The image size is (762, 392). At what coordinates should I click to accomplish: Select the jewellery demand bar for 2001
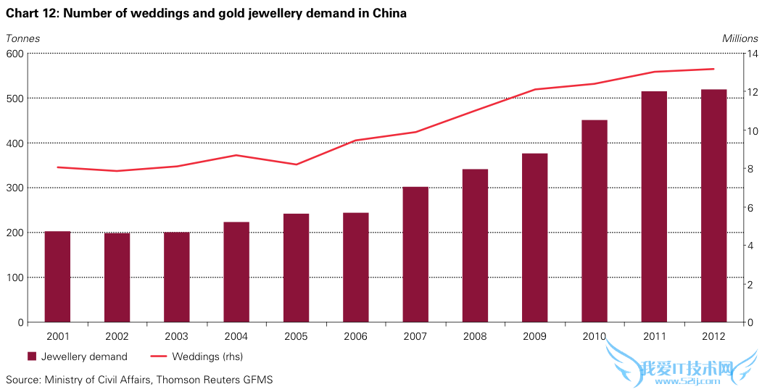coord(57,277)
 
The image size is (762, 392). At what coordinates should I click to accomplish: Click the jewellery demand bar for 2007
coord(415,254)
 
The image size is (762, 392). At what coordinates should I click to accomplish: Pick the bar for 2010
coord(595,221)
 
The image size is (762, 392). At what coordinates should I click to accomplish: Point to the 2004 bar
coord(236,272)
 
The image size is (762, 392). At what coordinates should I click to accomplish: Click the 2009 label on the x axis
coord(535,336)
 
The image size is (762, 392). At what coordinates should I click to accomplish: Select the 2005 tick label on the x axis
coord(296,336)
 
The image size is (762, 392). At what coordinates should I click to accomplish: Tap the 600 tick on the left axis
coord(15,53)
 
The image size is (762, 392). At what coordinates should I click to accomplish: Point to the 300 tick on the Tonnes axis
coord(15,188)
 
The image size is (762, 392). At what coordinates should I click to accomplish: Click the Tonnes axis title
coord(23,38)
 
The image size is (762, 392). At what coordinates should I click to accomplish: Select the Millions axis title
coord(740,38)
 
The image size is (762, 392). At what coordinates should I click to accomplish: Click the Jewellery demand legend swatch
coord(32,356)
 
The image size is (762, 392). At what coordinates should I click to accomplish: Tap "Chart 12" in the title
coord(29,13)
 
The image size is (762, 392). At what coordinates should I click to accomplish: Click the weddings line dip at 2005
coord(296,164)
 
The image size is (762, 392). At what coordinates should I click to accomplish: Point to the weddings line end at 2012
coord(714,69)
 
